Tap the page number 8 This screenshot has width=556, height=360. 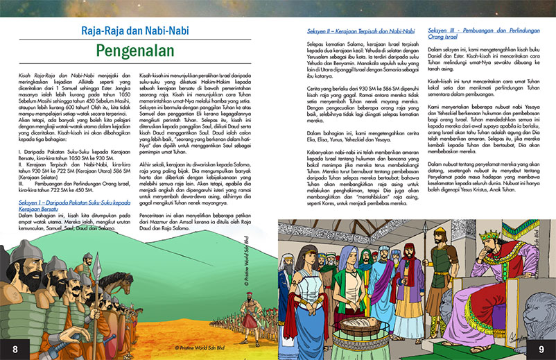(x=15, y=347)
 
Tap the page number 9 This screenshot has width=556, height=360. (x=541, y=347)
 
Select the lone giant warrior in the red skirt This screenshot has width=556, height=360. (x=250, y=318)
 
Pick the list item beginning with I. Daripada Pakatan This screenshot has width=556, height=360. (x=69, y=139)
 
